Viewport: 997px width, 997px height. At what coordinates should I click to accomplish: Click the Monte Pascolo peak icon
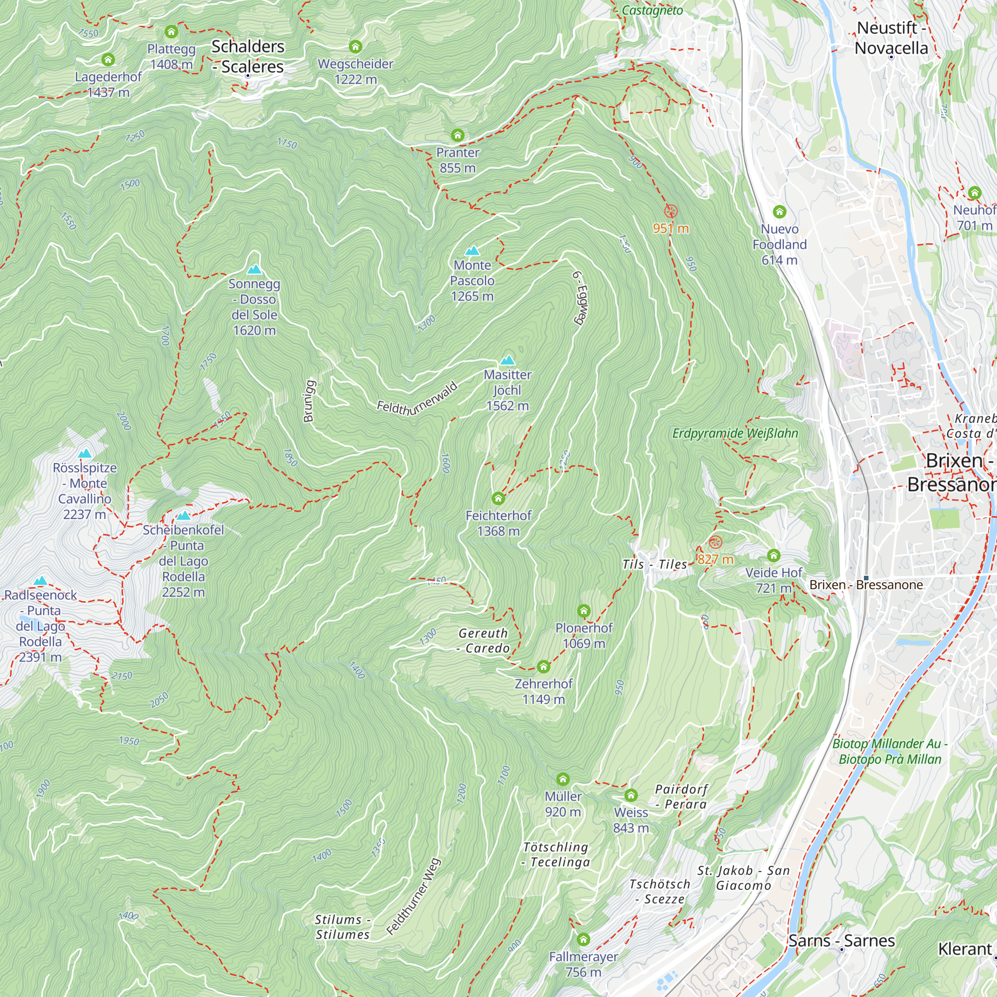(x=472, y=251)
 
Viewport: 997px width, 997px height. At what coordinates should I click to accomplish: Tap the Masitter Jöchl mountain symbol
(x=508, y=361)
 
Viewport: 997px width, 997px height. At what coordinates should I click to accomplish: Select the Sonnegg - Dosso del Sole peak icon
(x=254, y=269)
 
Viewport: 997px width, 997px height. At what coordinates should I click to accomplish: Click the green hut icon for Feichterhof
(x=498, y=498)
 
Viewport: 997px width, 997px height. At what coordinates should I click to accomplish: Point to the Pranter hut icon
(x=457, y=136)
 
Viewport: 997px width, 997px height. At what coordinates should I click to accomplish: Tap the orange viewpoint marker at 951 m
(x=670, y=211)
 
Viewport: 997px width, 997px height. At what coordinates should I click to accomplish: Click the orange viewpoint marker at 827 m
(x=715, y=542)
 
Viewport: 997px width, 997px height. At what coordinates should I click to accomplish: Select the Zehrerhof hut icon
(x=543, y=666)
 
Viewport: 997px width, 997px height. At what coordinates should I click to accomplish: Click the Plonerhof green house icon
(x=584, y=612)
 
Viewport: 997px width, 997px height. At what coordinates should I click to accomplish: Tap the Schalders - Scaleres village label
(x=248, y=57)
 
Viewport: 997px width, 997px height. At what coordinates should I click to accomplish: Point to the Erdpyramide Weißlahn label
(x=735, y=434)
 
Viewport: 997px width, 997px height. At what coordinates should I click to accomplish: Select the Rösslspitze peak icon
(x=85, y=454)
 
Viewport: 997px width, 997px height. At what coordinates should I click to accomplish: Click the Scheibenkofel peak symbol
(x=184, y=515)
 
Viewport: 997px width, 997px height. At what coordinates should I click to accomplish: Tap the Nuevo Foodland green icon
(x=779, y=211)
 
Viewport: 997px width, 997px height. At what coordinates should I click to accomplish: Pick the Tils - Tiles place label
(x=655, y=565)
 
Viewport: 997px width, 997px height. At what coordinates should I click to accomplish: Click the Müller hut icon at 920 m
(x=562, y=779)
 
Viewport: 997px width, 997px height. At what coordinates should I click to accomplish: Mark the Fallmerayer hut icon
(x=583, y=939)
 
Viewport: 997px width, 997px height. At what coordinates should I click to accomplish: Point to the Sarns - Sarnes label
(x=841, y=941)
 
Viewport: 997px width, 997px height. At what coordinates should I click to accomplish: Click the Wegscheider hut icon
(x=355, y=47)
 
